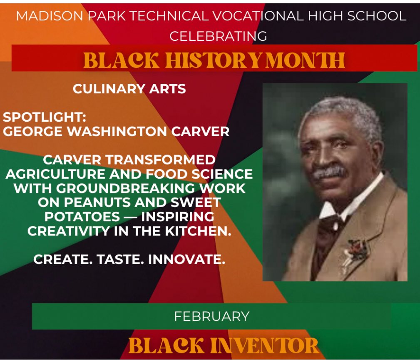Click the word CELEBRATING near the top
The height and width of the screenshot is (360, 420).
(218, 36)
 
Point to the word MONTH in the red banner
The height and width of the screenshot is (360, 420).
(306, 60)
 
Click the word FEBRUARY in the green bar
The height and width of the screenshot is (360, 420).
(211, 316)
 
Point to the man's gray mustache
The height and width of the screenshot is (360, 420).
(329, 172)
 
